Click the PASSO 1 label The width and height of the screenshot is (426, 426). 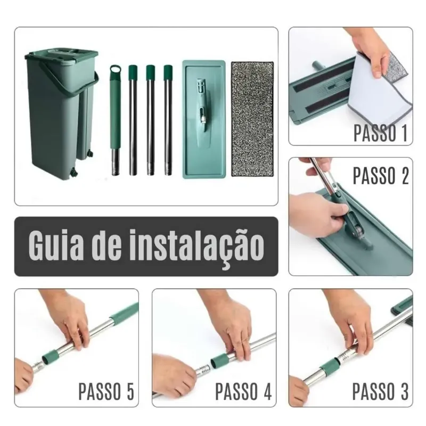point(380,133)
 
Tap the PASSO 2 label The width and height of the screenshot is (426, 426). point(381,176)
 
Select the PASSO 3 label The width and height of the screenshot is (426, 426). point(380,391)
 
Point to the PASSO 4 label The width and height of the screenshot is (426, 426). point(243,391)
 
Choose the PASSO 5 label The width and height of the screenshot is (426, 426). point(106,391)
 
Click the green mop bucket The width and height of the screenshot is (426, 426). point(62,113)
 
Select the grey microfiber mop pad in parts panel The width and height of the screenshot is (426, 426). point(252,119)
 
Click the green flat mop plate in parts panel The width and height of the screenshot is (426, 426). point(204,119)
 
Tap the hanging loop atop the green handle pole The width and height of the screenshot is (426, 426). point(115,70)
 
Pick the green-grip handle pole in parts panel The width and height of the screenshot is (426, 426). point(115,120)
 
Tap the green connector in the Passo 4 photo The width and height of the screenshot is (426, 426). point(219,361)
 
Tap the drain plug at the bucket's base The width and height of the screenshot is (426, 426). point(74,172)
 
